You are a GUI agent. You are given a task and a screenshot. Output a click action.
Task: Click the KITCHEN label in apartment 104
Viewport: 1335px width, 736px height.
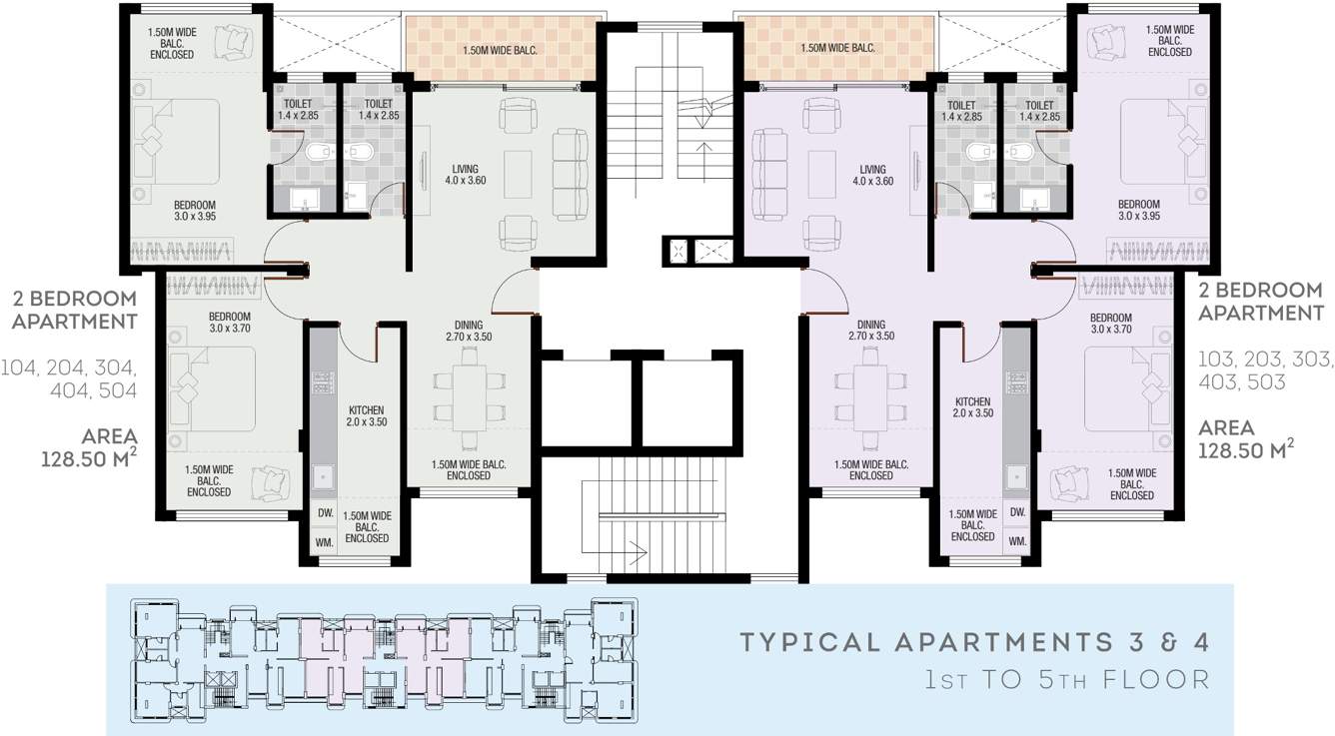(x=366, y=416)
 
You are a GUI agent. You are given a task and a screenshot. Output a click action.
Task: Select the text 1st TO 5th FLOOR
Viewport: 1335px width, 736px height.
(x=1066, y=680)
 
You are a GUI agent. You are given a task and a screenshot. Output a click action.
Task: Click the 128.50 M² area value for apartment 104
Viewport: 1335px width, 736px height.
(x=89, y=460)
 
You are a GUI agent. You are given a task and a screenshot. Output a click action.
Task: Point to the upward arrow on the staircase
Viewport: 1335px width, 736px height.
(x=706, y=150)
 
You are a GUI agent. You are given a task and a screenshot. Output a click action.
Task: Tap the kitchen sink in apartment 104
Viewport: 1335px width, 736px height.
(x=323, y=478)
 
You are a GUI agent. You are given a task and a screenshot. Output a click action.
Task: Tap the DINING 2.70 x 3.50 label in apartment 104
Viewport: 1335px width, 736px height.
(x=469, y=331)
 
